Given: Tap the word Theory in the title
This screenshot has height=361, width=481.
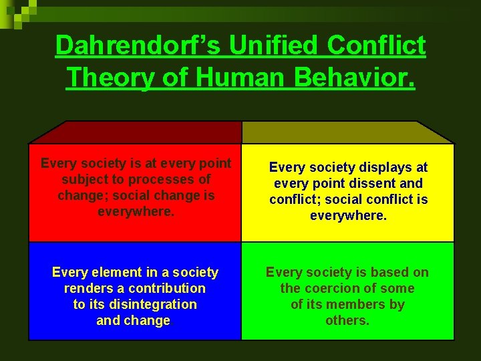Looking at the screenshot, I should (x=107, y=77).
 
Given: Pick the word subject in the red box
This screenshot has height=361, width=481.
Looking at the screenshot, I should (x=82, y=179).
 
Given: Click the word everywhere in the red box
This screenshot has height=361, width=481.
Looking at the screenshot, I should (x=134, y=211).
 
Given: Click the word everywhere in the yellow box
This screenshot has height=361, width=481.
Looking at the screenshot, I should (x=347, y=215).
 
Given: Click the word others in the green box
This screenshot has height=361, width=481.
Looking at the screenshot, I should (x=347, y=320).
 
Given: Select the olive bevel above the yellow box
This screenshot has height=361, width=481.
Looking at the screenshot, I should (x=347, y=132).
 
